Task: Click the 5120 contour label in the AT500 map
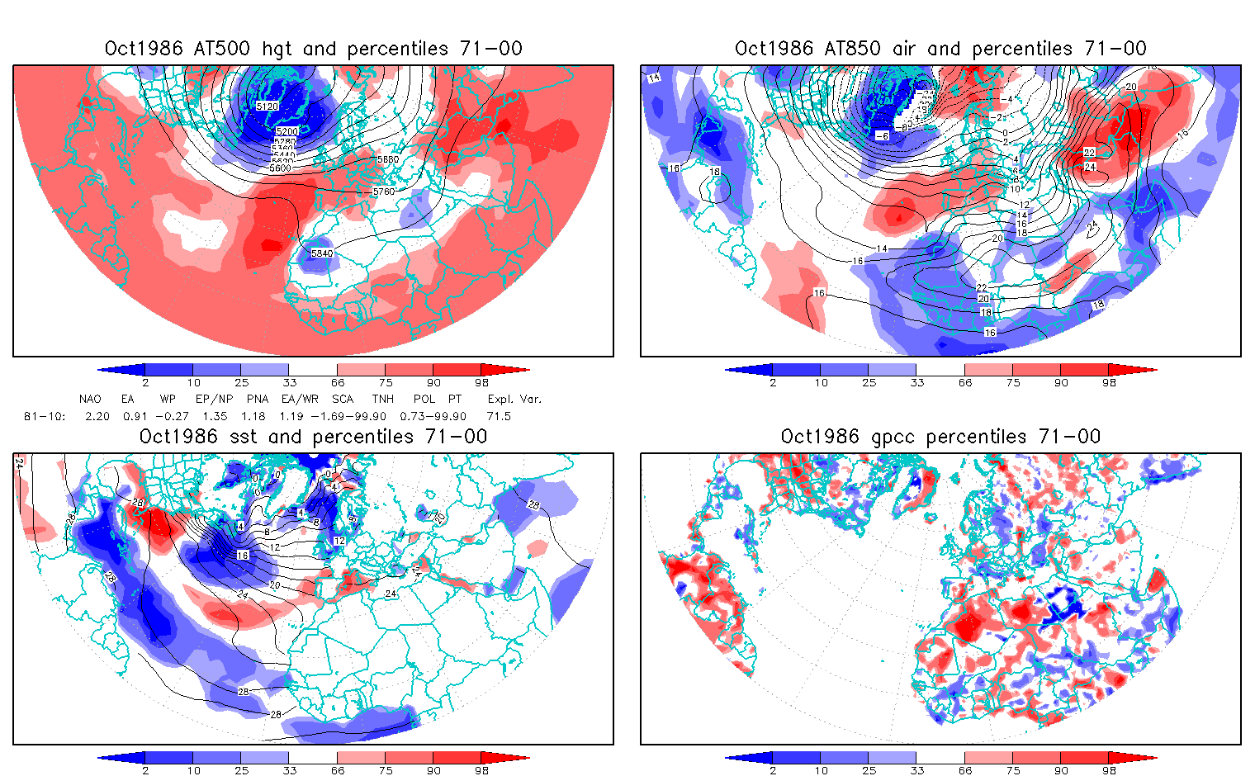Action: pyautogui.click(x=268, y=106)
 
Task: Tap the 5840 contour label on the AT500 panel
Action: pyautogui.click(x=322, y=253)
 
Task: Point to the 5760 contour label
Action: pyautogui.click(x=384, y=192)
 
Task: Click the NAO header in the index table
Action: pyautogui.click(x=90, y=399)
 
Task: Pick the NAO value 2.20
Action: pyautogui.click(x=97, y=416)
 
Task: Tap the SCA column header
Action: pyautogui.click(x=343, y=399)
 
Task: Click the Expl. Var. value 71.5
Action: pyautogui.click(x=499, y=416)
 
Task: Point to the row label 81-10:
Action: pyautogui.click(x=45, y=416)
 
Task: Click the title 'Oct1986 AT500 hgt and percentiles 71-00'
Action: pyautogui.click(x=313, y=49)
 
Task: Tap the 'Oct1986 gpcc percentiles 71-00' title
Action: pyautogui.click(x=940, y=437)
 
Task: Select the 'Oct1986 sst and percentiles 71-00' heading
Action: pyautogui.click(x=313, y=437)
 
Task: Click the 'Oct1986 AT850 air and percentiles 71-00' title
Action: pyautogui.click(x=940, y=49)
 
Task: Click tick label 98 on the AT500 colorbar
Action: pyautogui.click(x=482, y=382)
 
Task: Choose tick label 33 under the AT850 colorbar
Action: pyautogui.click(x=917, y=382)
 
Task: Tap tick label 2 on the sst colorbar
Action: pyautogui.click(x=145, y=770)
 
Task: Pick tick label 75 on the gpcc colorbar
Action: pyautogui.click(x=1013, y=770)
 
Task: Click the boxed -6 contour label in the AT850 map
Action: pyautogui.click(x=882, y=135)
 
